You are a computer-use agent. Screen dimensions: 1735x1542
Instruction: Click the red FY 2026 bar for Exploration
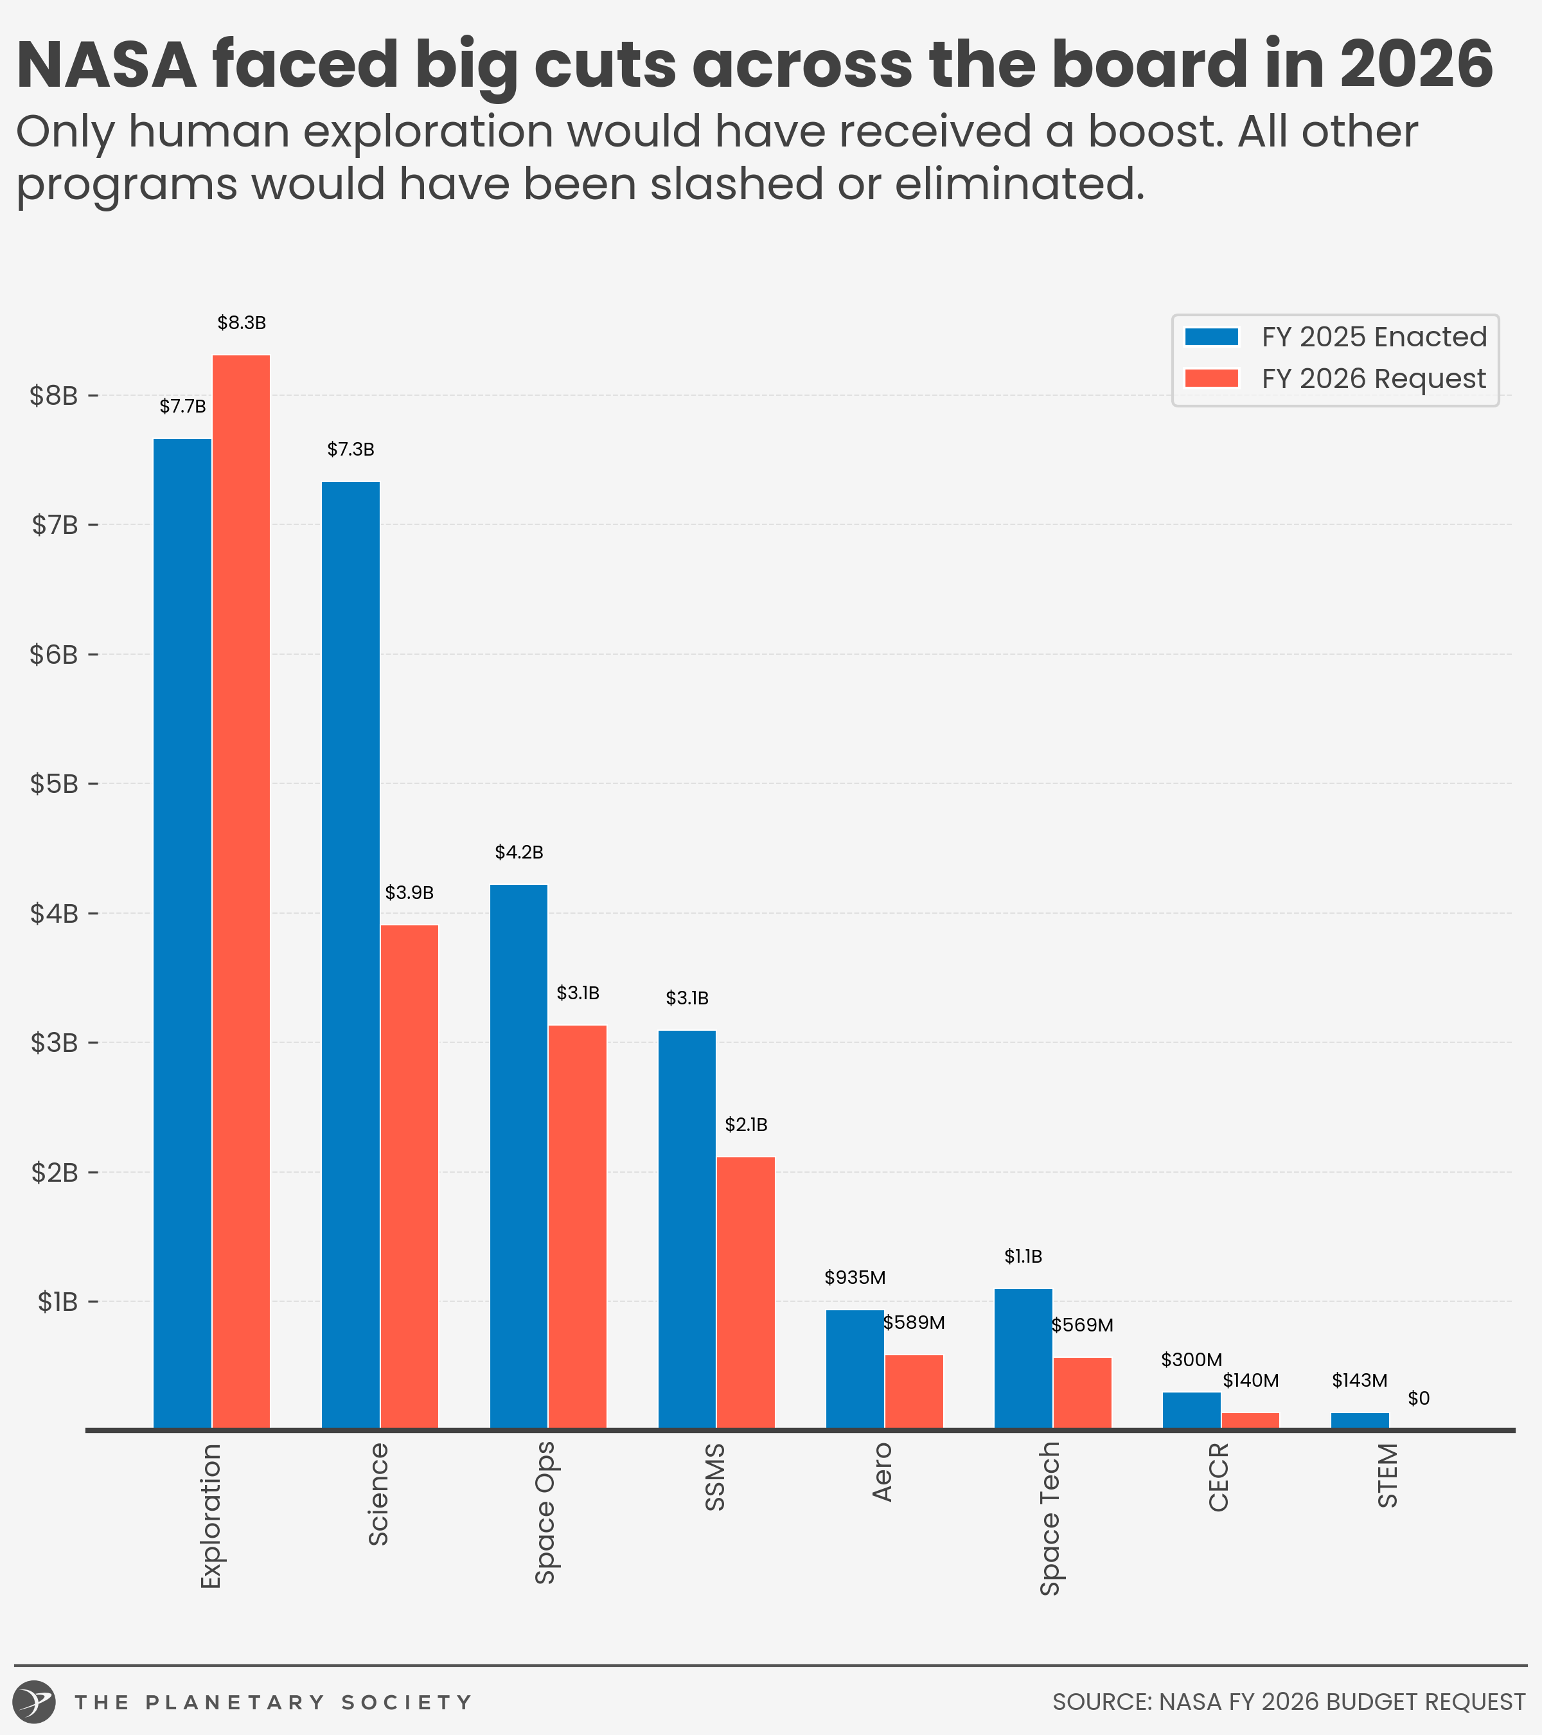tap(241, 891)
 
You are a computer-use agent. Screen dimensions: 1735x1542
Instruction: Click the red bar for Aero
tap(914, 1391)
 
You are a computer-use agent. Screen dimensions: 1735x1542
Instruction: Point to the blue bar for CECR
tap(1191, 1410)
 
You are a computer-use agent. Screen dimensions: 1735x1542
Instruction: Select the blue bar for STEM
tap(1360, 1420)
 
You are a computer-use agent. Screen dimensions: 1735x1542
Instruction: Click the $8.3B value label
tap(242, 323)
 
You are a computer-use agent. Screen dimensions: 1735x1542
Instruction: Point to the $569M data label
tap(1082, 1325)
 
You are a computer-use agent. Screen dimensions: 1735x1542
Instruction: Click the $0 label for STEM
tap(1419, 1398)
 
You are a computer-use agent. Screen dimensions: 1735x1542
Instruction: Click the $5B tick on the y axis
tap(55, 783)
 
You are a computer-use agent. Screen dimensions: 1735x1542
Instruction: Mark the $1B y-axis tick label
tap(58, 1301)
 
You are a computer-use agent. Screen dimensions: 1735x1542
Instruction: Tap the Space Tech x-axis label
tap(1050, 1518)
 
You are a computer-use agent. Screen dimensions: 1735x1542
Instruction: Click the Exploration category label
tap(211, 1515)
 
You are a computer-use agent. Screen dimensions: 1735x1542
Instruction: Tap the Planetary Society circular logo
tap(35, 1702)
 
